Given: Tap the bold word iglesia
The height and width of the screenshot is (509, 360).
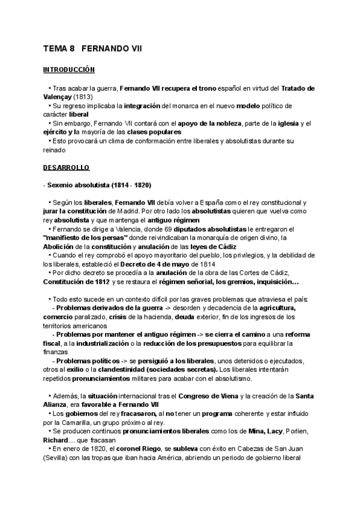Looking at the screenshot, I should pyautogui.click(x=287, y=123).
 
